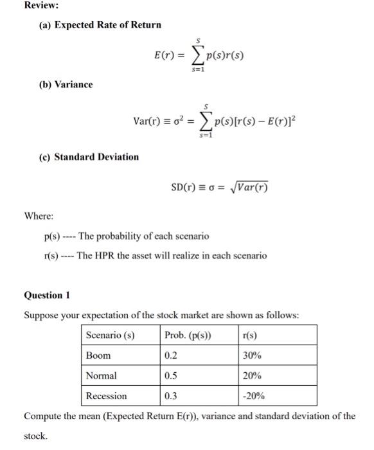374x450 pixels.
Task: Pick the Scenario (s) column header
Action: point(109,335)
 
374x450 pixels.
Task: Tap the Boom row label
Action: point(98,355)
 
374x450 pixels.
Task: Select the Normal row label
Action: point(102,375)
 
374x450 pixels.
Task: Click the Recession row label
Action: point(107,396)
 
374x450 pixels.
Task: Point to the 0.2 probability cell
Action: point(170,355)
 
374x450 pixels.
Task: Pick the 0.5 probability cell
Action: point(170,375)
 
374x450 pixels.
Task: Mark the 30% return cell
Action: point(252,355)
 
